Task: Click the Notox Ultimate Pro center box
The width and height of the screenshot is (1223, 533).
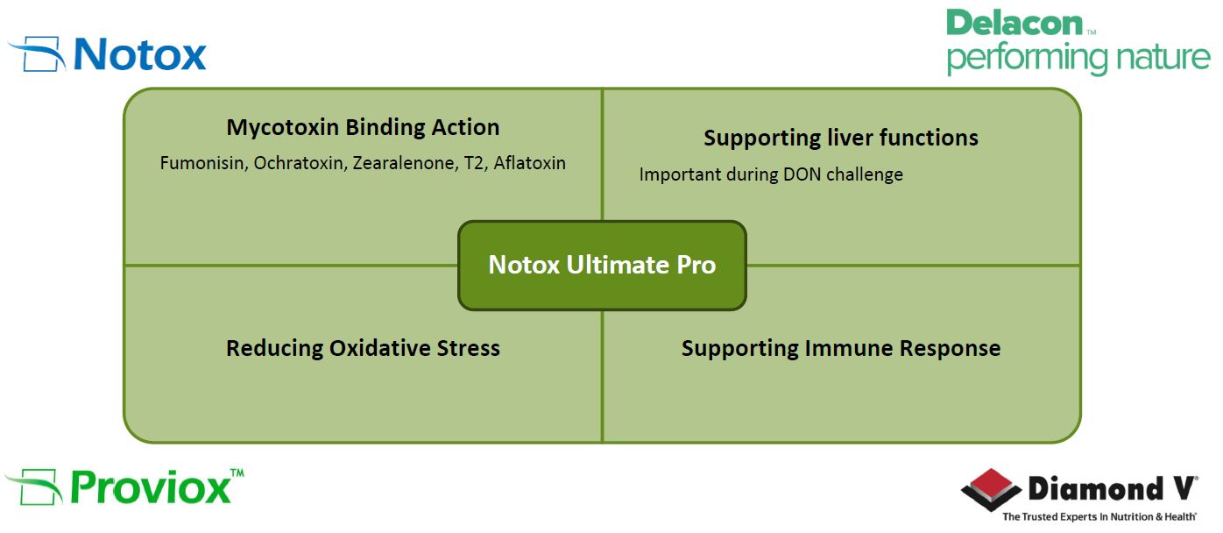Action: click(x=602, y=266)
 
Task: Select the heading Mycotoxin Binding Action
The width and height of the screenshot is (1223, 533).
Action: click(x=363, y=127)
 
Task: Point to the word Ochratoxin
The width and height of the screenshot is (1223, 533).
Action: click(x=300, y=163)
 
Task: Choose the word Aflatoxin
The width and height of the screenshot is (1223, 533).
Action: click(x=530, y=163)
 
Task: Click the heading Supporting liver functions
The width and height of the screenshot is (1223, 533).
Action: click(x=841, y=139)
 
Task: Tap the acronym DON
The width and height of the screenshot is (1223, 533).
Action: click(x=802, y=174)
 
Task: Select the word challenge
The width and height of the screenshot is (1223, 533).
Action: click(x=865, y=175)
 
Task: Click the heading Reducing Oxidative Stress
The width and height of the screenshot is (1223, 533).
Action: click(x=363, y=348)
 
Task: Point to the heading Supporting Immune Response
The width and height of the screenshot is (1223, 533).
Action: click(x=841, y=348)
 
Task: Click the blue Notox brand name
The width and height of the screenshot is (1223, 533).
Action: click(x=140, y=54)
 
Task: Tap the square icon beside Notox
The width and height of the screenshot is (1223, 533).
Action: click(x=39, y=53)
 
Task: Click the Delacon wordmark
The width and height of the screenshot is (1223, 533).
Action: click(x=1014, y=24)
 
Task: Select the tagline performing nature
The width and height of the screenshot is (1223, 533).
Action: click(x=1078, y=58)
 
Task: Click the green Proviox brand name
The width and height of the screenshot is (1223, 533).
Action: click(x=151, y=487)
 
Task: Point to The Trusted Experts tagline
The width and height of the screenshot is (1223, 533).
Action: click(x=1099, y=516)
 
